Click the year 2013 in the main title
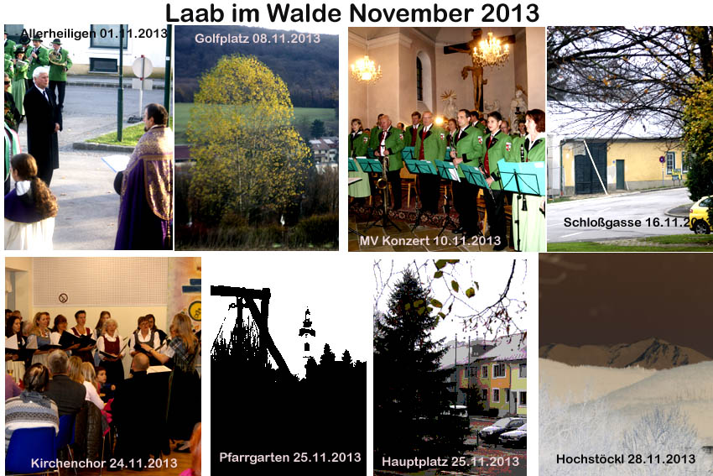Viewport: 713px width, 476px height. click(x=510, y=13)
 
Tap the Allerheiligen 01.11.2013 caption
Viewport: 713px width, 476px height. click(x=94, y=34)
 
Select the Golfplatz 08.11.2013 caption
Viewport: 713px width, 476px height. click(x=258, y=39)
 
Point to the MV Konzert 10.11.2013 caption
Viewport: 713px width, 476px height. click(x=429, y=240)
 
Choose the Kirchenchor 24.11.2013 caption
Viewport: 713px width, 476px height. click(x=104, y=463)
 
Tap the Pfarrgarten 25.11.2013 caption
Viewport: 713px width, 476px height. click(x=290, y=458)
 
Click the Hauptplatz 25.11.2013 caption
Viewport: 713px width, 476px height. click(x=450, y=462)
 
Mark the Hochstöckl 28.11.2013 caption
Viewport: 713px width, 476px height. click(x=626, y=458)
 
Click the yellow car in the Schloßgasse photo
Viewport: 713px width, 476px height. click(x=700, y=214)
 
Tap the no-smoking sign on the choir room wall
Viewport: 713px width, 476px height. click(x=63, y=298)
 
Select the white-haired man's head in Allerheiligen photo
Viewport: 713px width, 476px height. click(x=41, y=76)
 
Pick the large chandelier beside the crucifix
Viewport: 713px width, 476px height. click(x=490, y=50)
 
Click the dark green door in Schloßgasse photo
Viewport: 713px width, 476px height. click(x=591, y=168)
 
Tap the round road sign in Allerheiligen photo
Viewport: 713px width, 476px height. click(x=143, y=67)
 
